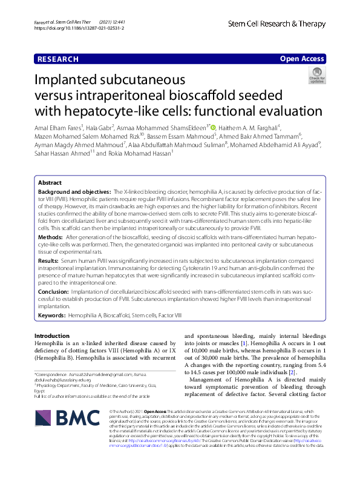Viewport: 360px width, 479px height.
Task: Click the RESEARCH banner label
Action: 57,59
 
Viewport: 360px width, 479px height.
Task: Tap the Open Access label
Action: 303,59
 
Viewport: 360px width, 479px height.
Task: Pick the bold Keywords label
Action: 52,315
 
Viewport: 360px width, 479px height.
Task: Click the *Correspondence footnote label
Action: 54,375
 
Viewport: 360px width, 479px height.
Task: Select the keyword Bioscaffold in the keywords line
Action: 117,315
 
